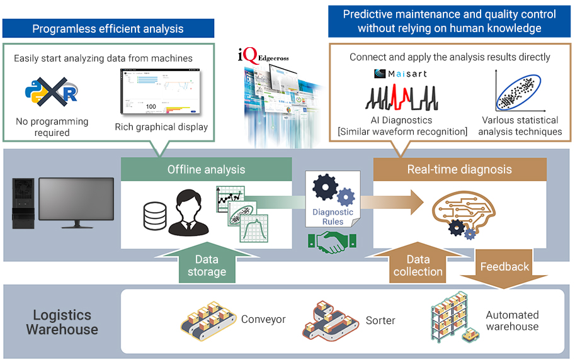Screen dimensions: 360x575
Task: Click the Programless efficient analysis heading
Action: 108,28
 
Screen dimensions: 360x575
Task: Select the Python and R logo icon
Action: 51,92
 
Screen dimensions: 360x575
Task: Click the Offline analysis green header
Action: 206,169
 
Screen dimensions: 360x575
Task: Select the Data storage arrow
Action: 206,264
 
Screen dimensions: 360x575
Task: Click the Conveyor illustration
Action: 207,319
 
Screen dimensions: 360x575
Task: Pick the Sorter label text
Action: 380,320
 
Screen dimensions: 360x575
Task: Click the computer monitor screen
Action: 76,201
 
